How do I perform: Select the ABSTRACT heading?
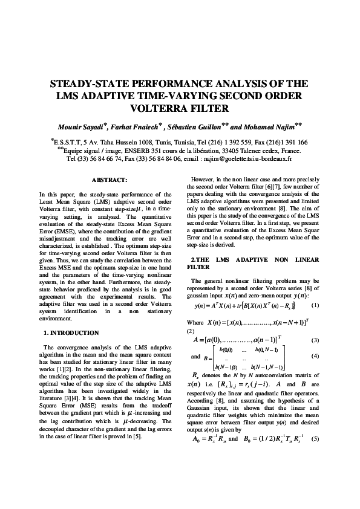(x=108, y=180)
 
